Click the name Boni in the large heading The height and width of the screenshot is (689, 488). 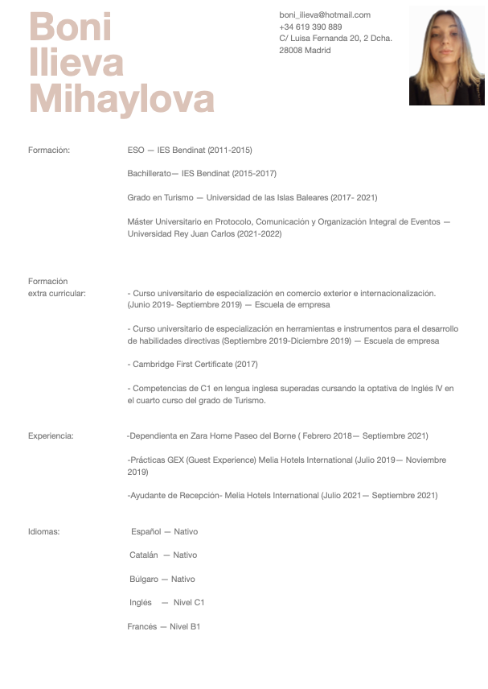tap(71, 28)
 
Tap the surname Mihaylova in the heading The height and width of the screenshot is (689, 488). tap(121, 99)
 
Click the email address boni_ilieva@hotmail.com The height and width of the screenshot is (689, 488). tap(325, 14)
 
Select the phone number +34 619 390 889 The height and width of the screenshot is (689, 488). tap(310, 27)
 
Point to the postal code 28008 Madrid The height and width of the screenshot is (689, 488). tap(305, 50)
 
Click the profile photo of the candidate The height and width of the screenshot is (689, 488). tap(446, 56)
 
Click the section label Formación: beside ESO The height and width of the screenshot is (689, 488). tap(49, 150)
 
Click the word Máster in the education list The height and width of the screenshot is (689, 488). tap(140, 221)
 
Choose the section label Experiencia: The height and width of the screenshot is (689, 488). tap(51, 435)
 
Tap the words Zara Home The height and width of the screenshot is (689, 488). tap(209, 435)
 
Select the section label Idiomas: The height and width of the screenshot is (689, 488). tap(44, 531)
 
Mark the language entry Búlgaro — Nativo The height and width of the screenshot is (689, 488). tap(162, 579)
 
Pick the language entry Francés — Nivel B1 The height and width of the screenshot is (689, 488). tap(164, 626)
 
